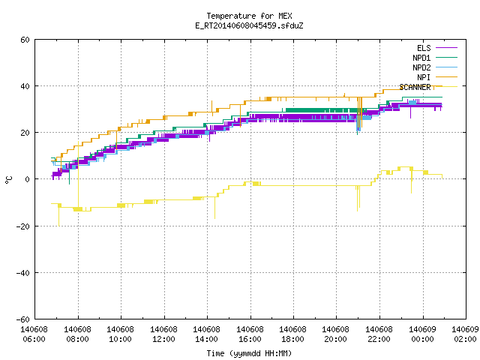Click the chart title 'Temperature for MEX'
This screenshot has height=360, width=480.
click(x=249, y=16)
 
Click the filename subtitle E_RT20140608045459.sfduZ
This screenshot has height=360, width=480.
click(x=249, y=25)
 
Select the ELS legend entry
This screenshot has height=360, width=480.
click(x=436, y=48)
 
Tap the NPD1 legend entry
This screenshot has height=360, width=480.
click(x=435, y=58)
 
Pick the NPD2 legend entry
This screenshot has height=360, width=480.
click(x=435, y=67)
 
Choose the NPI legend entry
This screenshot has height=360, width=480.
click(x=436, y=77)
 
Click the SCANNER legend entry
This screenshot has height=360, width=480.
click(x=428, y=87)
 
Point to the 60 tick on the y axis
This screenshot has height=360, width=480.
click(x=25, y=40)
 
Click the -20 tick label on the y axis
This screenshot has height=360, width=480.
click(x=23, y=226)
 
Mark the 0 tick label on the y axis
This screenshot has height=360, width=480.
click(x=28, y=179)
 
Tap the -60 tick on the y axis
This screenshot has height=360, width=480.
click(x=23, y=319)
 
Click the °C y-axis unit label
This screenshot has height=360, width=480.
click(x=8, y=180)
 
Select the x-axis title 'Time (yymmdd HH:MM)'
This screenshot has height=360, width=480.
click(x=249, y=353)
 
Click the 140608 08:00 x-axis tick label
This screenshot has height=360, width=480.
click(x=78, y=334)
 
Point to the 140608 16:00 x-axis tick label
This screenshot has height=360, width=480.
click(x=250, y=334)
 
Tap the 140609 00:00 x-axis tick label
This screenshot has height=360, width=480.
click(x=423, y=334)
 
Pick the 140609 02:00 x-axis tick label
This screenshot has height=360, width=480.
click(x=465, y=334)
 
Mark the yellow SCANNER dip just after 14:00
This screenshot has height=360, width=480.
click(x=215, y=208)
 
